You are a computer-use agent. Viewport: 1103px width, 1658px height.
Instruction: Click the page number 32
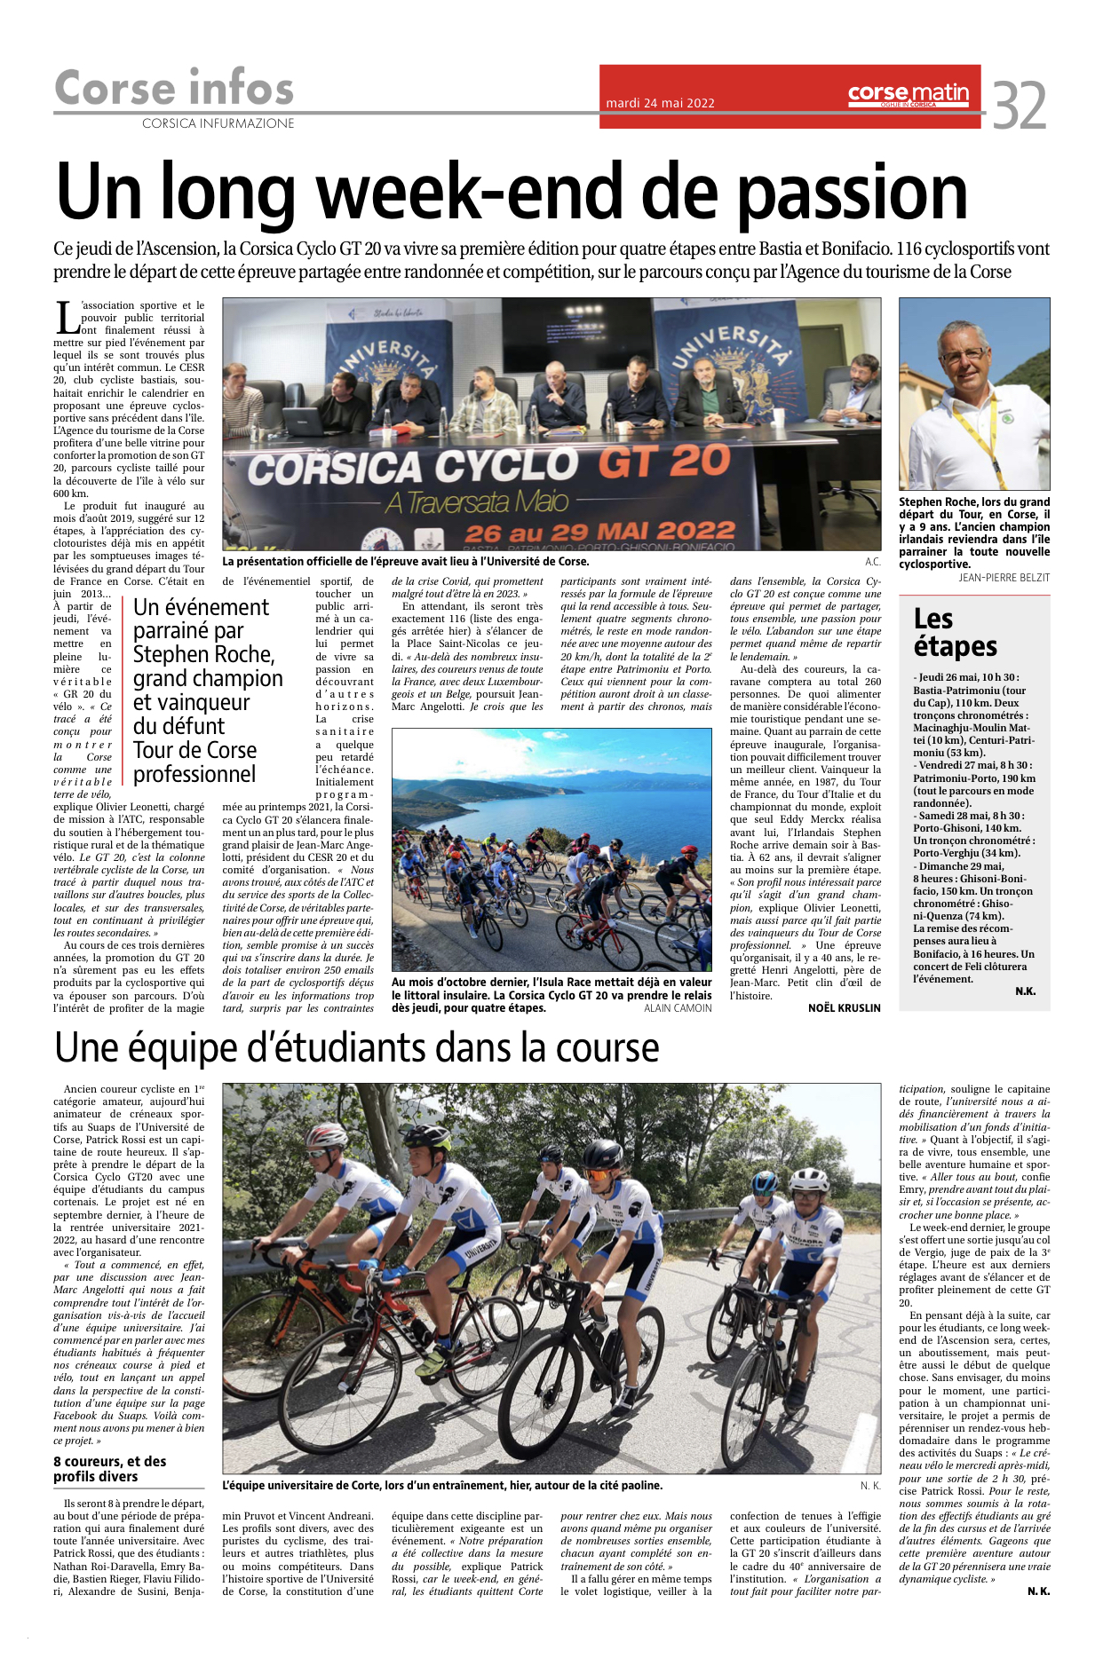pos(1020,106)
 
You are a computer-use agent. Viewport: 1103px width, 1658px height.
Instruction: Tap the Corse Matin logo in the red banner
pos(908,93)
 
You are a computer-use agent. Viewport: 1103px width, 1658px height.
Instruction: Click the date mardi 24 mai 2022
pos(660,103)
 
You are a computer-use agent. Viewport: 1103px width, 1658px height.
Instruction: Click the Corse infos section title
pos(174,88)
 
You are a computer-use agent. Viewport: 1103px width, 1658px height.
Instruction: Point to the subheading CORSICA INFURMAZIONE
pos(218,123)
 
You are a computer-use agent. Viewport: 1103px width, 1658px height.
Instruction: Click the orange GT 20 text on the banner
pos(664,462)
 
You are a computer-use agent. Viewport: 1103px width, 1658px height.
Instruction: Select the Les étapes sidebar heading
pos(955,632)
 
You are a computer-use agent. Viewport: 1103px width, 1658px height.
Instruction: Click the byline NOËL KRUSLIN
pos(844,1007)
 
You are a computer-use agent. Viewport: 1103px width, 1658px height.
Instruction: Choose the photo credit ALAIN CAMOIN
pos(678,1007)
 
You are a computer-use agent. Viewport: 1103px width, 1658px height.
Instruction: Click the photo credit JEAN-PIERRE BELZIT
pos(1004,577)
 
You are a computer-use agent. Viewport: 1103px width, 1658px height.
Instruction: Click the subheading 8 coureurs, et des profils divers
pos(109,1469)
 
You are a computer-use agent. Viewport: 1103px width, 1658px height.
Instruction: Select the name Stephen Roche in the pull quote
pos(203,654)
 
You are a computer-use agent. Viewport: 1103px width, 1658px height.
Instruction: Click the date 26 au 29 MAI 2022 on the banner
pos(599,533)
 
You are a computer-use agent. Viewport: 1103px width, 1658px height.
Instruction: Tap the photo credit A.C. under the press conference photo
pos(872,562)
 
